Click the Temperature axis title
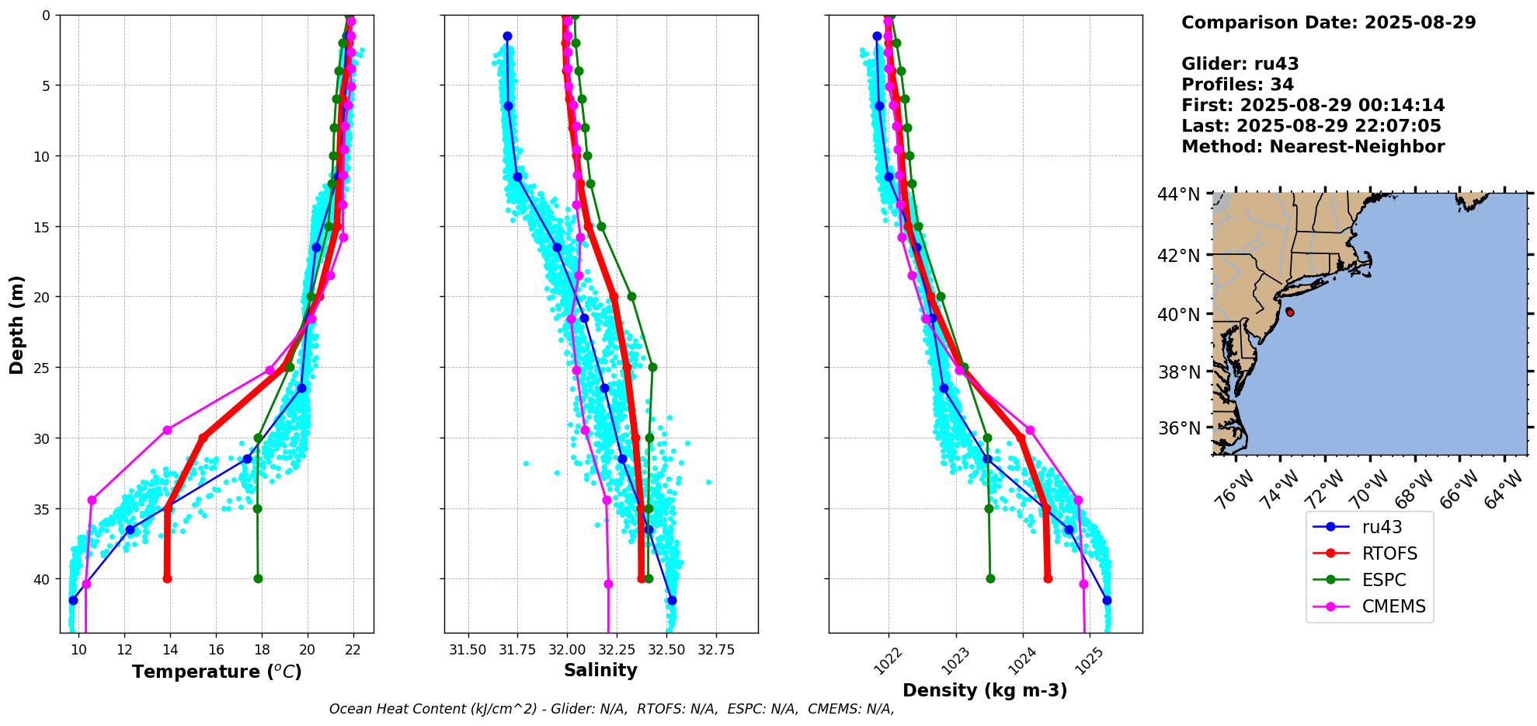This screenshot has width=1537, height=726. click(x=217, y=672)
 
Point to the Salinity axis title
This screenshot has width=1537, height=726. click(x=600, y=670)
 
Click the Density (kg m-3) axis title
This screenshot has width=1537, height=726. click(x=985, y=690)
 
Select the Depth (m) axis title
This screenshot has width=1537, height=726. click(x=17, y=324)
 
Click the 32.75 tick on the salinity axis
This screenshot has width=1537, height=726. click(x=715, y=650)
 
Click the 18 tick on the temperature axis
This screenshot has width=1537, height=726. click(x=262, y=650)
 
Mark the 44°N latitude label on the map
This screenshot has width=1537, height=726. click(x=1178, y=194)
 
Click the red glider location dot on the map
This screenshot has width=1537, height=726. click(x=1290, y=312)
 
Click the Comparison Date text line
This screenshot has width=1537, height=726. click(x=1328, y=23)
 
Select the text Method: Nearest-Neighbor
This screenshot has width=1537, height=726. click(x=1313, y=147)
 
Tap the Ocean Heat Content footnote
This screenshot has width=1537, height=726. click(x=611, y=709)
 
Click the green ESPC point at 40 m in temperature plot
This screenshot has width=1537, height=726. click(x=258, y=578)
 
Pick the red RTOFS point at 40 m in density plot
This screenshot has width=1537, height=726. click(x=1048, y=578)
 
